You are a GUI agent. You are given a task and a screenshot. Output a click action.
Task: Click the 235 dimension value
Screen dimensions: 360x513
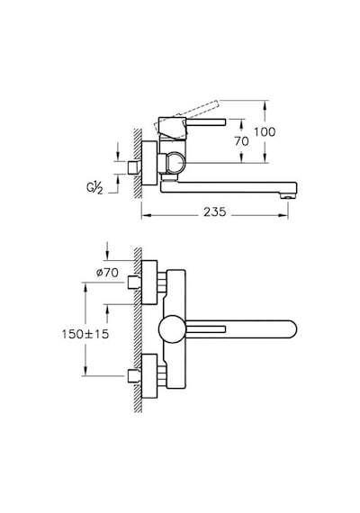coord(215,212)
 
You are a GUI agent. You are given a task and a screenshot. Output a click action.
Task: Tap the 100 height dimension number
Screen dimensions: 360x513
coord(265,132)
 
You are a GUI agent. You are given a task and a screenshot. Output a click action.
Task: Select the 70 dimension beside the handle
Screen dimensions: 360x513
coord(241,141)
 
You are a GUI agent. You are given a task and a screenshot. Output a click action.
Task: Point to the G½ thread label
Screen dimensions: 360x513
coord(94,189)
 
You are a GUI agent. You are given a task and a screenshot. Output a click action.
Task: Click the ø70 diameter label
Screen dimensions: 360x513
coord(107,272)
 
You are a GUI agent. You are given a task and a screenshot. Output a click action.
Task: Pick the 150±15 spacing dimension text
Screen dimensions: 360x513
coord(85,334)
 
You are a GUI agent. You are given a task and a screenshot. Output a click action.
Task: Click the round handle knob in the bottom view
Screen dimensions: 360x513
coord(172,329)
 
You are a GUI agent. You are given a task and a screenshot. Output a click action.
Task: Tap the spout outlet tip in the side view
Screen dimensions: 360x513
coord(288,196)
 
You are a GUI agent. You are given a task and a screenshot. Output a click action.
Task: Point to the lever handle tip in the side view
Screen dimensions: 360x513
coord(223,122)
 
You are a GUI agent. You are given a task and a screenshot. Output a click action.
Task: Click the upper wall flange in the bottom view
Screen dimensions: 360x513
coord(149,283)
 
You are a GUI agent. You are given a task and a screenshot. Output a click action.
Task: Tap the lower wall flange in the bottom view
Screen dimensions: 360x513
coord(149,376)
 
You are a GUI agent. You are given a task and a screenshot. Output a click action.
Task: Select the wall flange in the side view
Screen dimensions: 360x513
coord(149,163)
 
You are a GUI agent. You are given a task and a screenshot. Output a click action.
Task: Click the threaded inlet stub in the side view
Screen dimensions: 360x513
coord(134,167)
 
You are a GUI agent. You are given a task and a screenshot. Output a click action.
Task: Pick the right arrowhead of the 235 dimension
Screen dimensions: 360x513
coord(283,215)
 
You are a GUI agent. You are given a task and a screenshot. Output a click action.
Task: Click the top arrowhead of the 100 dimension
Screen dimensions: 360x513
coord(265,104)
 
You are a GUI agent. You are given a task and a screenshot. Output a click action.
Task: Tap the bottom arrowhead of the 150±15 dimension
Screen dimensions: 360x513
coord(85,372)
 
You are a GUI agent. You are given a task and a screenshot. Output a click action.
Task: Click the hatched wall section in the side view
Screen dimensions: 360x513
coord(138,163)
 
